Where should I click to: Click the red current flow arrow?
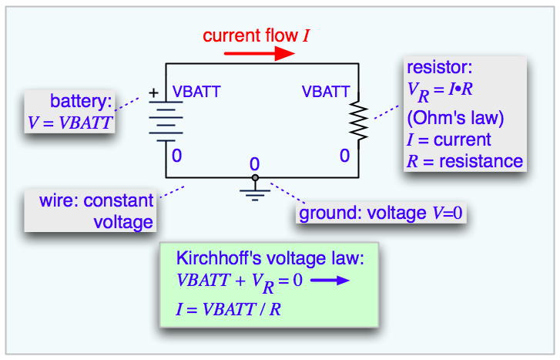(259, 53)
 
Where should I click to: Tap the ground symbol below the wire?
(255, 192)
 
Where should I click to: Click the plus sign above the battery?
(153, 93)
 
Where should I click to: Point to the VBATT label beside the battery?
(196, 93)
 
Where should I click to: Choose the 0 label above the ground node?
(255, 164)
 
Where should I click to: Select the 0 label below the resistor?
(344, 156)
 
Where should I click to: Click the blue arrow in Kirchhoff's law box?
(330, 281)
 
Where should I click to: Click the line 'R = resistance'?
(464, 161)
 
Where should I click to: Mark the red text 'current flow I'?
(257, 35)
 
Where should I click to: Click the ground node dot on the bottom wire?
(255, 178)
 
